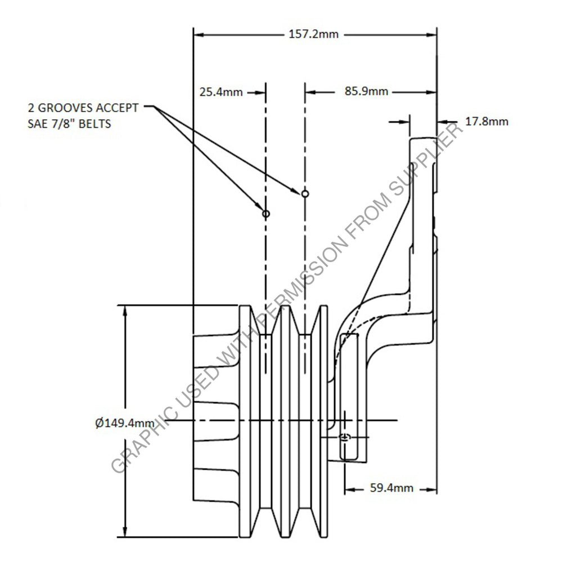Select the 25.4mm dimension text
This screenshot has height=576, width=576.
221,92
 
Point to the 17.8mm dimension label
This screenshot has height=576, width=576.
488,121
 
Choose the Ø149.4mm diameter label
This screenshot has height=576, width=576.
125,423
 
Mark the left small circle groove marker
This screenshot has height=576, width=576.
265,214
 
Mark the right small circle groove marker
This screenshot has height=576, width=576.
305,193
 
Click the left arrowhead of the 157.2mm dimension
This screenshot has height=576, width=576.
196,34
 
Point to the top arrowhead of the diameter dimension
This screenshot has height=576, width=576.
125,309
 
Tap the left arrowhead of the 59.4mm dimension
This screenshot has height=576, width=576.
347,488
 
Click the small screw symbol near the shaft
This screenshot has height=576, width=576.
345,438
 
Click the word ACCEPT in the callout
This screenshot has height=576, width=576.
120,108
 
